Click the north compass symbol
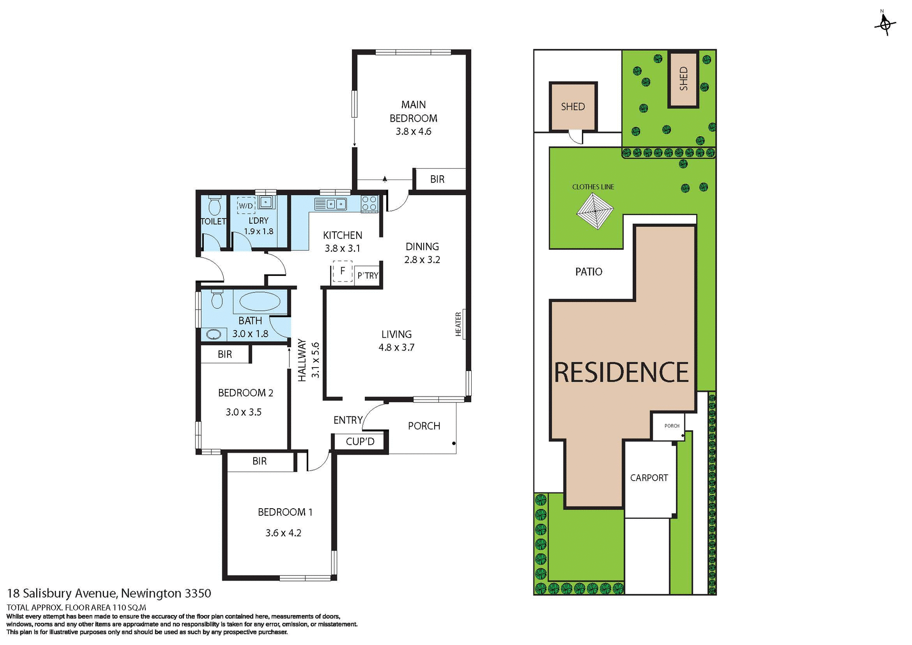884,23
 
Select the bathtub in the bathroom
260,302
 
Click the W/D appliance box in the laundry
246,206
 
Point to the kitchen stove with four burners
369,203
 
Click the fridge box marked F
342,272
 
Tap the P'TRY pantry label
368,275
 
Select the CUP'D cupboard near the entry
360,442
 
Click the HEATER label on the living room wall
458,324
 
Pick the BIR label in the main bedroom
437,180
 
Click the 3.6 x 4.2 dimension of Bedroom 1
283,533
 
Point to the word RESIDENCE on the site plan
621,372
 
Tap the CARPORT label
649,478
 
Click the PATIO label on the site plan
589,272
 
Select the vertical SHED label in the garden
684,79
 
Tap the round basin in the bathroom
214,334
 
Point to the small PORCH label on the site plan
672,426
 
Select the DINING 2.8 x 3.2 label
422,253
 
